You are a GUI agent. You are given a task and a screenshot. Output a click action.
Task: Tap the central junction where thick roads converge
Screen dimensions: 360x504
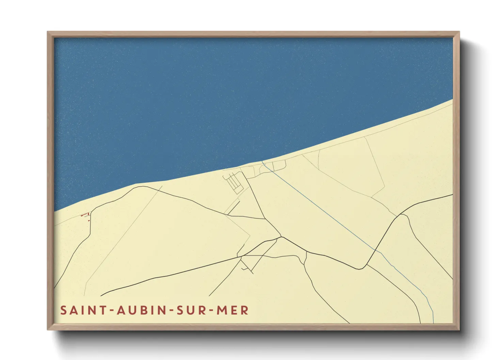click(281, 237)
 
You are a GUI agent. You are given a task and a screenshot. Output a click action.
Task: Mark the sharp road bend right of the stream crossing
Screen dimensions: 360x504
click(359, 269)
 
